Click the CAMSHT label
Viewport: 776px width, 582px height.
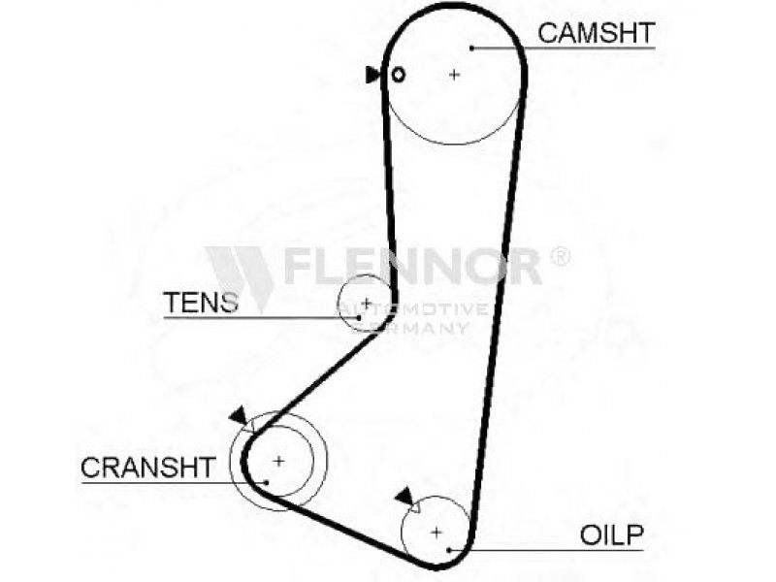(597, 33)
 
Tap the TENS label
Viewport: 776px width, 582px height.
(201, 302)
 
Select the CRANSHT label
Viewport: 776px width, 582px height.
(148, 467)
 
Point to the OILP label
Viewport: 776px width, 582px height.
(612, 534)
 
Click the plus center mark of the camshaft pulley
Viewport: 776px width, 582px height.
(454, 75)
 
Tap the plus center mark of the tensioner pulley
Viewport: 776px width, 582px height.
(367, 303)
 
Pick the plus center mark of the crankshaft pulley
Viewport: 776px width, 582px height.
(279, 462)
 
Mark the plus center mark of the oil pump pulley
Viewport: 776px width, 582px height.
(436, 533)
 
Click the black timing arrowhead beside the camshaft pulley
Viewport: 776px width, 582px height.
(372, 75)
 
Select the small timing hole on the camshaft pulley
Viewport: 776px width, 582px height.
(399, 75)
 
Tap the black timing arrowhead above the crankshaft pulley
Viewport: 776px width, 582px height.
(239, 415)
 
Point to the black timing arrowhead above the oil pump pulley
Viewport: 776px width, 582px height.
(404, 496)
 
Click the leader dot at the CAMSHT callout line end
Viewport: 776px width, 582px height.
(472, 48)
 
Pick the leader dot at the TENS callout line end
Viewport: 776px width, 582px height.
(358, 317)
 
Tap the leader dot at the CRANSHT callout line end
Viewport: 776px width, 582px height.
(266, 482)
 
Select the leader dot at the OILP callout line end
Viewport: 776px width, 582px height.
(449, 550)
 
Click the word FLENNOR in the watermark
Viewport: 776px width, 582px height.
(413, 266)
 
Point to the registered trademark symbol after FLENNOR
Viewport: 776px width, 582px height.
(560, 256)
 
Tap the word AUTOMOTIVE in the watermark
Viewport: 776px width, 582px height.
(413, 309)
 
